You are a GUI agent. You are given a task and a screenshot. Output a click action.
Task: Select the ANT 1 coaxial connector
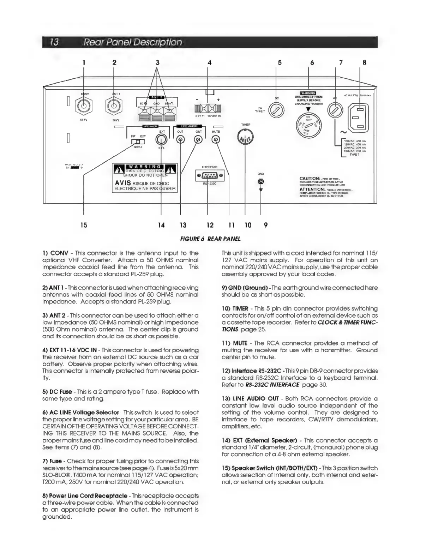coord(114,106)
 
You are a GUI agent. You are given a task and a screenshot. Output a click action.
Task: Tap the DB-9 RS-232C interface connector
coord(210,175)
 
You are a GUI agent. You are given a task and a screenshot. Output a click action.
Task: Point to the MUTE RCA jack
coord(216,140)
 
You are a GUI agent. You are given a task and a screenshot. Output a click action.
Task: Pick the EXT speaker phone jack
coord(161,140)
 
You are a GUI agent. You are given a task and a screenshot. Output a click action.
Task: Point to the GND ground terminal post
coord(261,182)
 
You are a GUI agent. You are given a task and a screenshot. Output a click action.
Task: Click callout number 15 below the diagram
coord(84,225)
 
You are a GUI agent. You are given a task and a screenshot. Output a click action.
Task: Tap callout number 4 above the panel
coord(210,63)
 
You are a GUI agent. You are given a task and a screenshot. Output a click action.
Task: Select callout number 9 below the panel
coord(265,225)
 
